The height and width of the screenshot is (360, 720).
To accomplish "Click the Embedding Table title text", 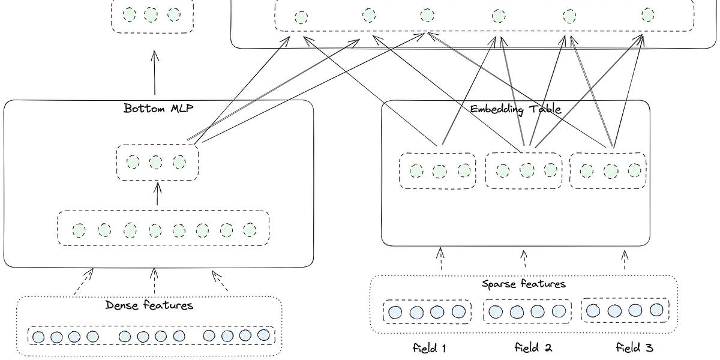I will pos(515,109).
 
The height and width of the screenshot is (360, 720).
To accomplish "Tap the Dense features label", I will pos(149,305).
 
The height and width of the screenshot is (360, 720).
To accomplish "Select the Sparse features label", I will pos(524,284).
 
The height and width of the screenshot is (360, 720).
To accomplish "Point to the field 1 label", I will pos(430,347).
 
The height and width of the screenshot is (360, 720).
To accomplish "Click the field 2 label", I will pos(533,347).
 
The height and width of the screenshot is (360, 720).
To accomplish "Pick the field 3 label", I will pos(634,347).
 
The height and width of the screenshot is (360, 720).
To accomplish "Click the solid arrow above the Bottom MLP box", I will pos(155,72).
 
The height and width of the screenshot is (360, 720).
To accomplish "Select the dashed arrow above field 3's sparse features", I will pos(625,259).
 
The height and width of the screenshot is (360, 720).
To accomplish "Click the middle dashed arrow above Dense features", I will pos(154,281).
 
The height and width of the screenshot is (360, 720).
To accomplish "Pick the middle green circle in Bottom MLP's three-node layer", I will pos(155,162).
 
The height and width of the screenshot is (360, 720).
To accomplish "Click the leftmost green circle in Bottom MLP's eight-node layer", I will pos(79,230).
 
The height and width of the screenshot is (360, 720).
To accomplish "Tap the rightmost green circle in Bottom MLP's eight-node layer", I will pos(250,229).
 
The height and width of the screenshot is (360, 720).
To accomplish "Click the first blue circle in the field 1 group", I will pos(395,312).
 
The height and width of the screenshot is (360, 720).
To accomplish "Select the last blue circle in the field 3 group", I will pos(656,310).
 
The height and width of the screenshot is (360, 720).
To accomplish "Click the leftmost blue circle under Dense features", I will pos(38,337).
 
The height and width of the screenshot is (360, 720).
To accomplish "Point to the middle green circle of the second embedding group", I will pos(527,171).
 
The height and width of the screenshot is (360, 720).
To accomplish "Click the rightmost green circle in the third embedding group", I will pos(634,170).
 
